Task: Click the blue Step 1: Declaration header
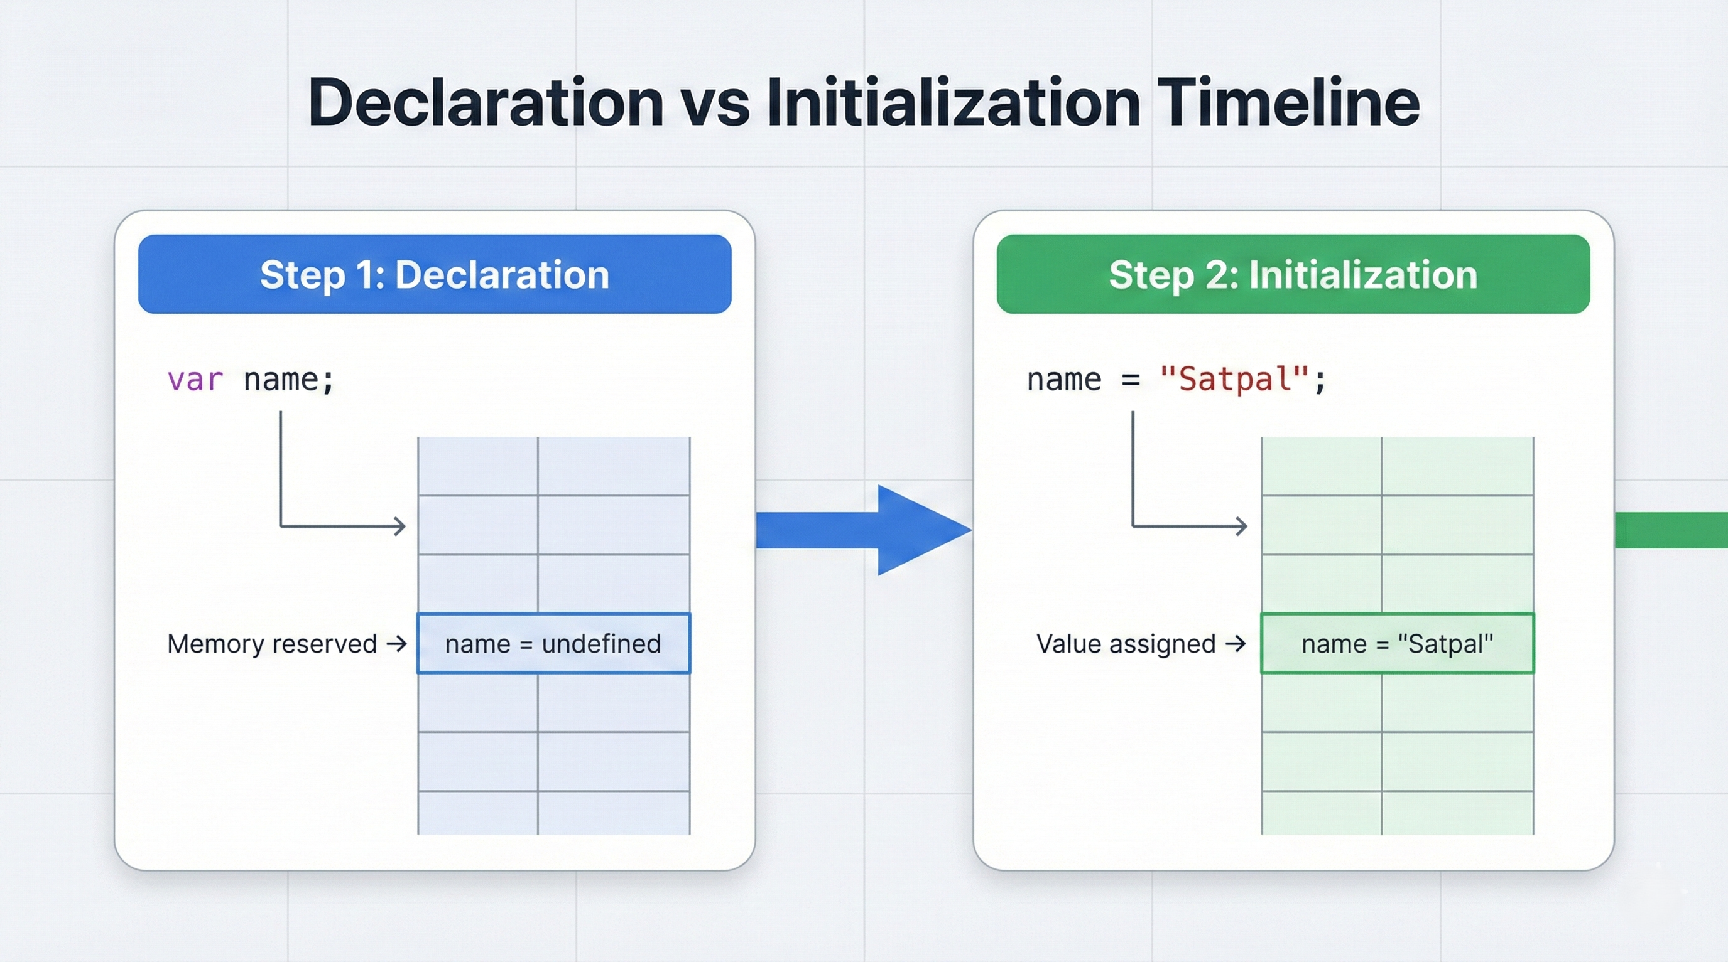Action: coord(435,274)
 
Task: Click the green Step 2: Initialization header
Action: coord(1293,274)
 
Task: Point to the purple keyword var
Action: coord(195,380)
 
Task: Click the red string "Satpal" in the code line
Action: coord(1234,380)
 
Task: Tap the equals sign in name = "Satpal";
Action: coord(1130,380)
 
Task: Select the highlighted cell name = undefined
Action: coord(553,644)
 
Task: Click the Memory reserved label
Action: coord(272,644)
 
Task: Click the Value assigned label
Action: coord(1126,644)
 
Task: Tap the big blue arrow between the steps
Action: coord(866,530)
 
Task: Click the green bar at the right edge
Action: coord(1670,530)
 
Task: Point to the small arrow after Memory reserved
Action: coord(396,644)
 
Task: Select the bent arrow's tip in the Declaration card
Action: coord(401,526)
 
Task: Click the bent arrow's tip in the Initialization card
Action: coord(1242,526)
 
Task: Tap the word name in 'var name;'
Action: coord(280,380)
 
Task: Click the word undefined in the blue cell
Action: coord(601,644)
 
